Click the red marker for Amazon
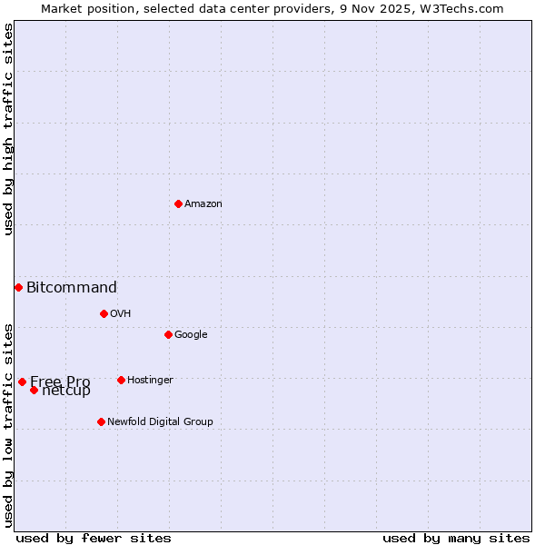[178, 203]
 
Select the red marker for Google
[168, 334]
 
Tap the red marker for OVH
[104, 313]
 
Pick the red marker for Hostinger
[121, 380]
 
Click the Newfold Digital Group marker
[101, 421]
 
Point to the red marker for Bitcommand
[18, 287]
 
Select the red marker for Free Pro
[22, 381]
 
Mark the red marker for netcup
[34, 390]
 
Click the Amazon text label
[203, 204]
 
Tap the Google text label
[191, 335]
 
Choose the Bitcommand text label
[72, 288]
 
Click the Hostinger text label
[150, 381]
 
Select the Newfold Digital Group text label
[160, 422]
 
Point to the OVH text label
[121, 314]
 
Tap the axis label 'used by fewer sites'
[94, 538]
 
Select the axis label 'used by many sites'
[456, 538]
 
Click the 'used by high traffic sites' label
[8, 129]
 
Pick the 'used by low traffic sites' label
[8, 425]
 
